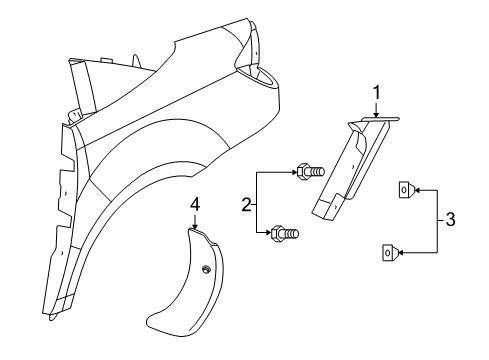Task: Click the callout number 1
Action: (x=376, y=95)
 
